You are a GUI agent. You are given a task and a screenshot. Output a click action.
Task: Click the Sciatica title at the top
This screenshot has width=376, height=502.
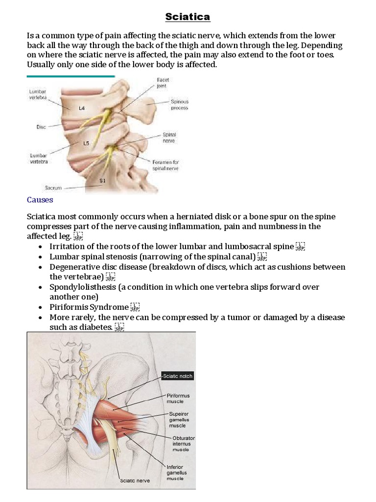click(x=188, y=17)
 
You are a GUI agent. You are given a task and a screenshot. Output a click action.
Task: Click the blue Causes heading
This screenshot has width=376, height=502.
click(x=40, y=200)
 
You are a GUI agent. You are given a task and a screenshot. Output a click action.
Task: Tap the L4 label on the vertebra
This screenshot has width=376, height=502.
click(x=81, y=108)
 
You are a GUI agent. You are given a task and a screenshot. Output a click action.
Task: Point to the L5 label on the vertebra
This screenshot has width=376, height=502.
click(x=86, y=144)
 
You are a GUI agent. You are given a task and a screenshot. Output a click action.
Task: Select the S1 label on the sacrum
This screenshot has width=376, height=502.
click(x=102, y=180)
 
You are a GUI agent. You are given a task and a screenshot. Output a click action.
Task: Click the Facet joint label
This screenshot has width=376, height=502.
click(x=163, y=82)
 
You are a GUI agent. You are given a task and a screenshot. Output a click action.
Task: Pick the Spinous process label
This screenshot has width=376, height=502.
click(x=179, y=104)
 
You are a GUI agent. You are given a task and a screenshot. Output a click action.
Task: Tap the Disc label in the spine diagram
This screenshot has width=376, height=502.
click(x=41, y=127)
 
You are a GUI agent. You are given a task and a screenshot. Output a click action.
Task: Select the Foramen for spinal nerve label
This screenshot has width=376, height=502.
click(x=165, y=165)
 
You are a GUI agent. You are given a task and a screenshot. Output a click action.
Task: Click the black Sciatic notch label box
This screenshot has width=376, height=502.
click(x=178, y=376)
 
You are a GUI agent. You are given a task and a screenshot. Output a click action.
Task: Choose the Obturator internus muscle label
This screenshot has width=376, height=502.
click(x=184, y=443)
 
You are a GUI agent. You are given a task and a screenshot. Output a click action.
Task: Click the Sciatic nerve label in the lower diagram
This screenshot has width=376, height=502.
click(x=135, y=480)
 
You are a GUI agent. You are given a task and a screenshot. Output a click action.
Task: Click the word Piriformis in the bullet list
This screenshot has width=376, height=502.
click(x=69, y=307)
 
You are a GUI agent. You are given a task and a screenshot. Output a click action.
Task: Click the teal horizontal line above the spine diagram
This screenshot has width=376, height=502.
click(x=70, y=76)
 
